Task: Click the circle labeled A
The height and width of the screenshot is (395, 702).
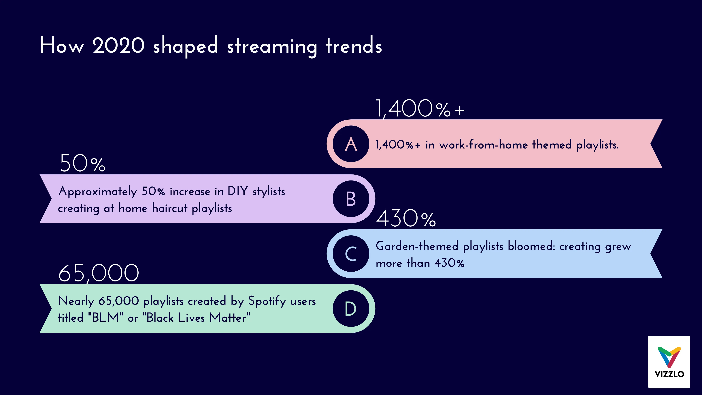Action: click(x=351, y=144)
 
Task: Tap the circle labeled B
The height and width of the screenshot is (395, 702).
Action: click(x=351, y=199)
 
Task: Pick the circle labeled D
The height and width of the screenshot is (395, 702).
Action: click(x=351, y=309)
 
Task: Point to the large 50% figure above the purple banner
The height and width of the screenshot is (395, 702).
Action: click(x=82, y=163)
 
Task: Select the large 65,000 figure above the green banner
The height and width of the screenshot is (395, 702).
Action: click(x=99, y=273)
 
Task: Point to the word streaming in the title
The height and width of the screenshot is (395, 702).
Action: click(x=272, y=46)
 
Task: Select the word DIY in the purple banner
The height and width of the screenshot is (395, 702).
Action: click(x=238, y=191)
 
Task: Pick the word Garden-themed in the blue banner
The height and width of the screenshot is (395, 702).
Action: click(x=417, y=246)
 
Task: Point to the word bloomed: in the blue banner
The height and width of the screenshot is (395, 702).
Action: click(x=531, y=246)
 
